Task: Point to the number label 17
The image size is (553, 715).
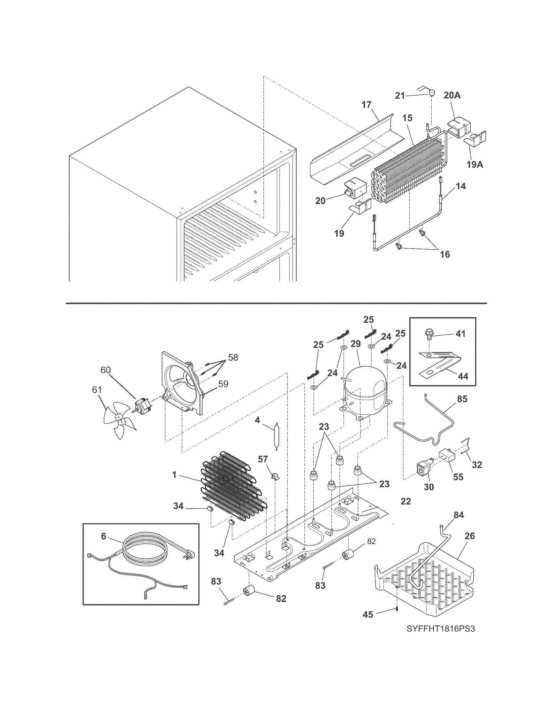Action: pos(367,105)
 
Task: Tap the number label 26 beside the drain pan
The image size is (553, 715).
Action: pos(469,536)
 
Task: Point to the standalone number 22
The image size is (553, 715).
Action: pos(406,501)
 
